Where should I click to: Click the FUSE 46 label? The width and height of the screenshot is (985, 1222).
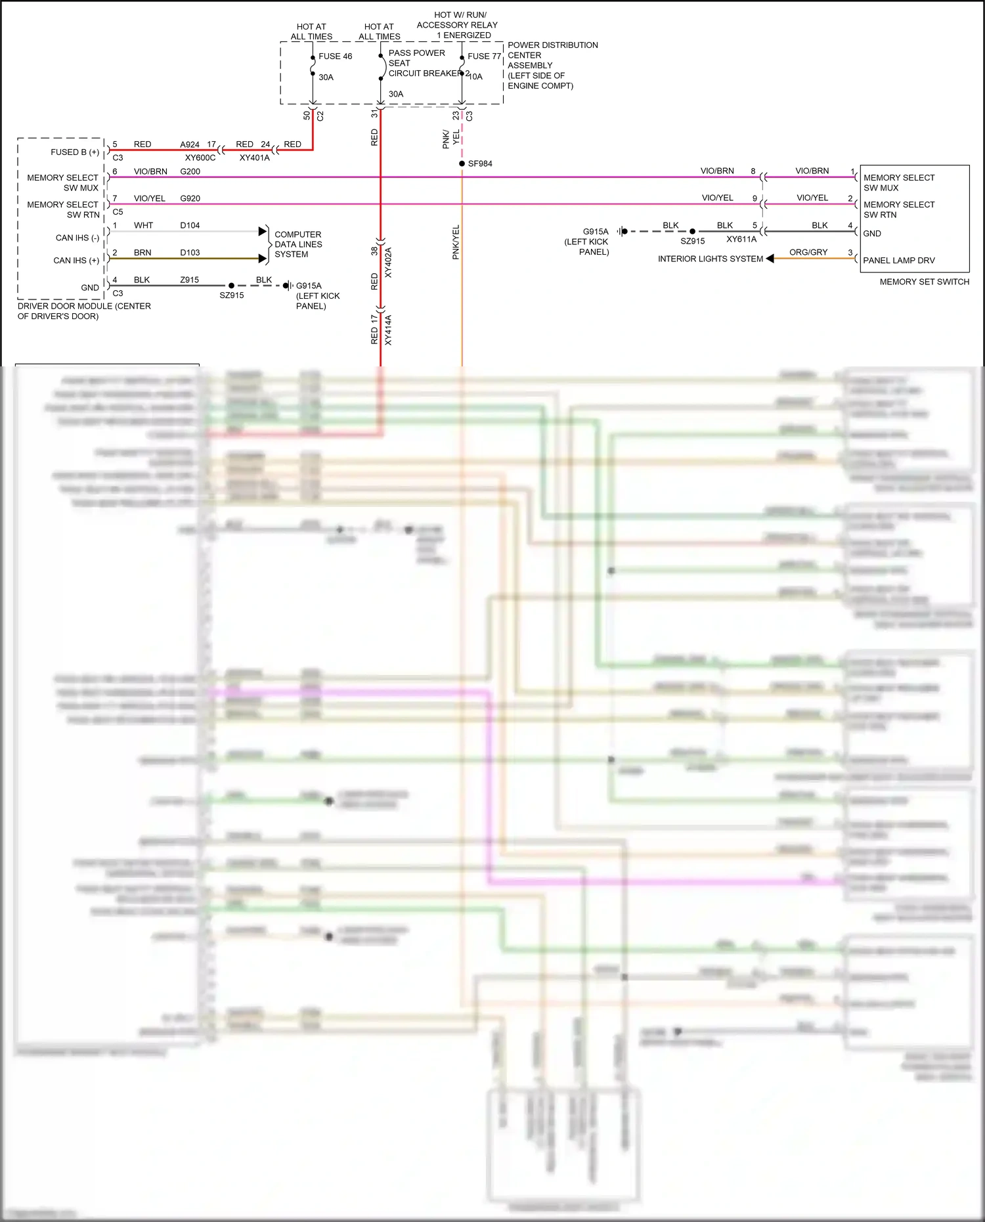(335, 56)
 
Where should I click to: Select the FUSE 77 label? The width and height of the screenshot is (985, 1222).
(484, 56)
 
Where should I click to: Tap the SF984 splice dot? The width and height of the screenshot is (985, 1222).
(462, 164)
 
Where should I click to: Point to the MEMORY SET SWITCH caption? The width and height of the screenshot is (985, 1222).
(924, 282)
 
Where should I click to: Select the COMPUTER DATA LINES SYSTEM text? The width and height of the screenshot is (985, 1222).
(298, 244)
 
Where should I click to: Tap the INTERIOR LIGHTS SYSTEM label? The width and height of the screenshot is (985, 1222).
(710, 259)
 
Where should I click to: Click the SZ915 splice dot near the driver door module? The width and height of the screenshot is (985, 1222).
(231, 286)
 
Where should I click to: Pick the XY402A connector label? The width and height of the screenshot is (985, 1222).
(388, 263)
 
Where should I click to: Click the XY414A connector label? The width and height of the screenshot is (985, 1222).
(388, 330)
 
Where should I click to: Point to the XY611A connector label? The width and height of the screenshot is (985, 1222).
(741, 240)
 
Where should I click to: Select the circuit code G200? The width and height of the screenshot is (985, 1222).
(190, 171)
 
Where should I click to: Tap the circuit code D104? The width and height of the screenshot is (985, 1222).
(190, 225)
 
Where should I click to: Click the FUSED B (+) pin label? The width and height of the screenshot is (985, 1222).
(75, 152)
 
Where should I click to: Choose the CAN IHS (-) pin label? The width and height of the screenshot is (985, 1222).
(77, 238)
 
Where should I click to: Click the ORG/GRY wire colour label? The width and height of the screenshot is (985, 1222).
(808, 252)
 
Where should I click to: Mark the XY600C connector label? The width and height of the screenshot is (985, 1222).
(200, 158)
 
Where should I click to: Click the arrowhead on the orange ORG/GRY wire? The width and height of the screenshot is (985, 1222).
(770, 259)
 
